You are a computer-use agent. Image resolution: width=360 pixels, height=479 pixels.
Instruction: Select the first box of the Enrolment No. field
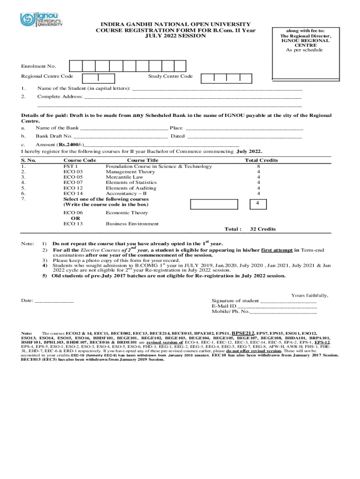(76, 66)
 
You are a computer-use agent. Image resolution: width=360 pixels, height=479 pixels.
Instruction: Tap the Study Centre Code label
(170, 76)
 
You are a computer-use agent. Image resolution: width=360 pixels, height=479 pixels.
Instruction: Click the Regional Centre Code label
(47, 76)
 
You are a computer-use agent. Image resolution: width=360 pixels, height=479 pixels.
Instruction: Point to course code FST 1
(71, 167)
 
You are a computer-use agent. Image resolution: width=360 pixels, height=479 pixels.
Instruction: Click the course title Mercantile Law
(124, 177)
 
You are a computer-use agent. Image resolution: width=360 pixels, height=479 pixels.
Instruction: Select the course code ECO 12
(73, 188)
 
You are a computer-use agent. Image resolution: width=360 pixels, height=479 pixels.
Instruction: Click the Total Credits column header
(261, 160)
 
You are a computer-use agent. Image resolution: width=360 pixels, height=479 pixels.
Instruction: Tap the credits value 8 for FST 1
(258, 167)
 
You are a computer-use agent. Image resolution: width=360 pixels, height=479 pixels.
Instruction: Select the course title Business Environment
(132, 224)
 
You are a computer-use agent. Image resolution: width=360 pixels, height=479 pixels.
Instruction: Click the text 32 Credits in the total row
(263, 229)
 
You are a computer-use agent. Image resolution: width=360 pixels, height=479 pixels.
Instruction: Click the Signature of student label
(235, 301)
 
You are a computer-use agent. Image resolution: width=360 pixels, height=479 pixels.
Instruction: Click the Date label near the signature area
(27, 300)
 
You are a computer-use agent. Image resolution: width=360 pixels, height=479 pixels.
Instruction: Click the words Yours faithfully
(310, 296)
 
